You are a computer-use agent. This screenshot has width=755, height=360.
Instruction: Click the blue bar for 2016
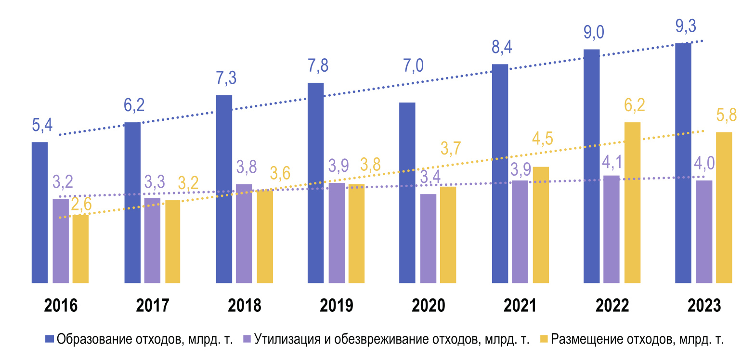point(39,212)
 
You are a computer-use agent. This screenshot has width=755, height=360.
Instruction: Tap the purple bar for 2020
point(428,238)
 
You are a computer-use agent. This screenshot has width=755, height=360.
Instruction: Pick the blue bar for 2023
point(683,163)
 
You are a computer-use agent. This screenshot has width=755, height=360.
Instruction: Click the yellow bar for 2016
point(80,249)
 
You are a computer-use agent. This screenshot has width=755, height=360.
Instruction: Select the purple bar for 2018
point(244,233)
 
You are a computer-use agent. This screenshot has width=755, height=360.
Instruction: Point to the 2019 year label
point(336,306)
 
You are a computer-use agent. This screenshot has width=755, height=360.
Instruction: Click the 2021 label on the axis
point(521,306)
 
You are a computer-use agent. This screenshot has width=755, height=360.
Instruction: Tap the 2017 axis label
point(153,306)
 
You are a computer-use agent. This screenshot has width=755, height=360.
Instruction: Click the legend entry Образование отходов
point(139,339)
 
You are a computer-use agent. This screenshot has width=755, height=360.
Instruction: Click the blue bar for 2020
point(407,193)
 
